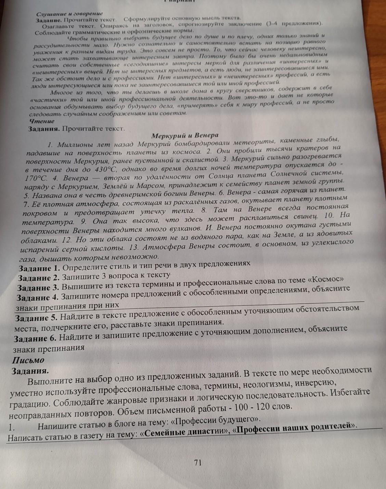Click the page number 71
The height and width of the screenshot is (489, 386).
197,463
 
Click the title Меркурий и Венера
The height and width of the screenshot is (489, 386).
185,135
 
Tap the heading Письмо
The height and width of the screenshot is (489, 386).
28,360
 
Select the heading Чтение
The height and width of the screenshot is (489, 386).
41,121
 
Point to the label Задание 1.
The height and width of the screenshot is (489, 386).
39,268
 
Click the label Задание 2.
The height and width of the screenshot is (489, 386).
39,278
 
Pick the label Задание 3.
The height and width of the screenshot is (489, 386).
38,288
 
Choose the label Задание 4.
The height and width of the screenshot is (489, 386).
38,297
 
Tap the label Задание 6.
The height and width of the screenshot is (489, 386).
35,338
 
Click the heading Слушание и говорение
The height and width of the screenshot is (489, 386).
70,13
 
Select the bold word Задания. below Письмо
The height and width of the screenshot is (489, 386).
30,371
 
